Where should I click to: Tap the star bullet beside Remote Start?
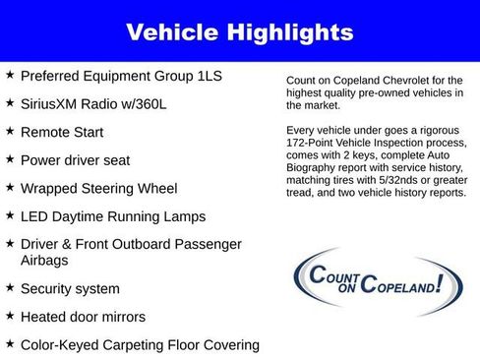pos(10,130)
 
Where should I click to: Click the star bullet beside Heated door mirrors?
pos(10,317)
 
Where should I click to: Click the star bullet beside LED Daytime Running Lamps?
pos(10,215)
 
